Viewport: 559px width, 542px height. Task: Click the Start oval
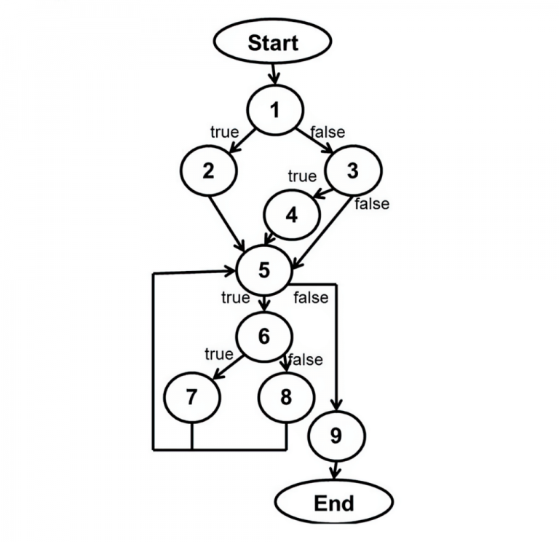click(273, 42)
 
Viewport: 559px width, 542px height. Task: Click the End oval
click(334, 503)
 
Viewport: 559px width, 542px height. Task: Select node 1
click(274, 111)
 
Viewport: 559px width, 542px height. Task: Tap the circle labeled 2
click(209, 170)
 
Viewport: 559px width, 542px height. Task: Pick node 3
click(352, 171)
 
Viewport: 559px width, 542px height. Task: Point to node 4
click(292, 216)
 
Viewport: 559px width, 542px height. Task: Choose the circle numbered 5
click(264, 270)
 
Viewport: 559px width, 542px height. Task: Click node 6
click(263, 337)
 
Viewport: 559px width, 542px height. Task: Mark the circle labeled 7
click(191, 397)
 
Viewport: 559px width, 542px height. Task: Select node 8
click(286, 397)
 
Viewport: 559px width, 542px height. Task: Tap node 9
click(336, 436)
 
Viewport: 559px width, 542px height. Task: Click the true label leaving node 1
click(224, 133)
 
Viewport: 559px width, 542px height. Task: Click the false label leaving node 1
click(328, 133)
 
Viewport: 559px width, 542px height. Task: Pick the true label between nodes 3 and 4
click(301, 176)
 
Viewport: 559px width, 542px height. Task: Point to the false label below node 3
click(372, 204)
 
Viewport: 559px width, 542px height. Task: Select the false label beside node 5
click(311, 297)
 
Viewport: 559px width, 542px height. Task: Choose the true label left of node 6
click(218, 354)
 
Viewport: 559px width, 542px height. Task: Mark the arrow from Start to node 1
click(274, 73)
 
